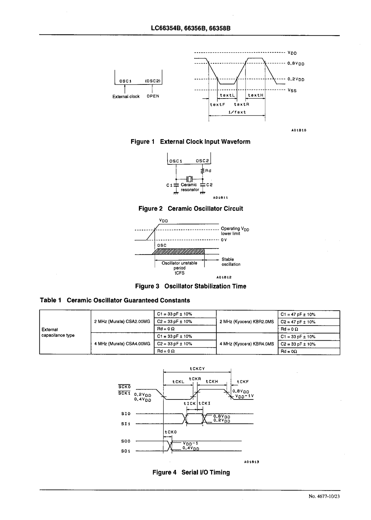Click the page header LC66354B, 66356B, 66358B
[191, 28]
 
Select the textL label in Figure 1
[227, 95]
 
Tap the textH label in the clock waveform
[255, 95]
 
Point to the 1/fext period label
[237, 112]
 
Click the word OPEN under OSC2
[153, 96]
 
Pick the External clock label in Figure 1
[126, 97]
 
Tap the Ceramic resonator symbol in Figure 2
[190, 178]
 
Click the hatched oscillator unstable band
[179, 252]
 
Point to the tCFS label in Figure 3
[179, 273]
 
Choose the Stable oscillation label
[231, 262]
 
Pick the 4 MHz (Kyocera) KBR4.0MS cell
[247, 344]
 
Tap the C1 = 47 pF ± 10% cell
[298, 314]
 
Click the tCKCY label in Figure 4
[197, 369]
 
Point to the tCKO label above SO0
[170, 432]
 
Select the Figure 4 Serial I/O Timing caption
[191, 472]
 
